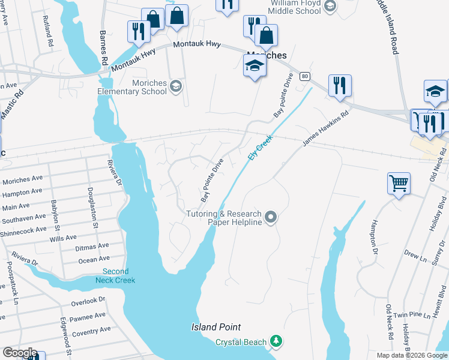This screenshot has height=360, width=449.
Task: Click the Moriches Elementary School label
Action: [132, 87]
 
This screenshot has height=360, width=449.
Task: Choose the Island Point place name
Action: [216, 327]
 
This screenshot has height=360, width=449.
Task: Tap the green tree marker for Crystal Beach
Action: [276, 341]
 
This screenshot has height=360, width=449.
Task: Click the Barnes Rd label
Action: [103, 48]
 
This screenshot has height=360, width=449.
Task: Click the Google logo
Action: [20, 353]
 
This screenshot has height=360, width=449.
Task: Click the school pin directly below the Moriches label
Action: [255, 67]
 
